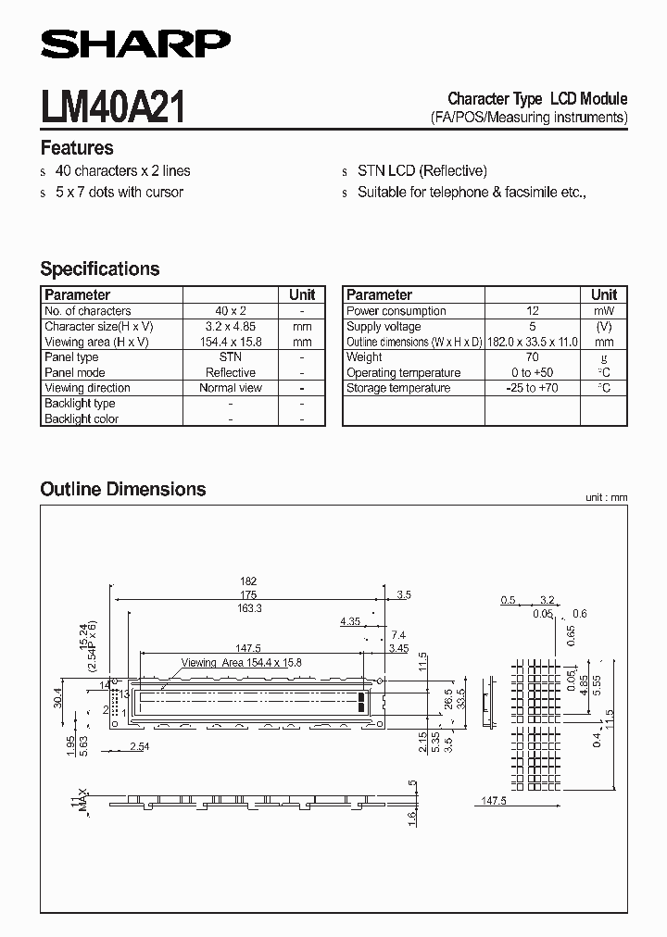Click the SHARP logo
click(135, 44)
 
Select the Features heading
click(77, 148)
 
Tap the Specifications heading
click(100, 269)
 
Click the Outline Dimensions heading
click(123, 489)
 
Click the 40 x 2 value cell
click(231, 311)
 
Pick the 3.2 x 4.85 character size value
click(231, 327)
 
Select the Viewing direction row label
click(87, 388)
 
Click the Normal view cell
click(231, 388)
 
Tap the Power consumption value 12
click(532, 311)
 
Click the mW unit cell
click(604, 311)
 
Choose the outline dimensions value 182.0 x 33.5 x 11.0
click(532, 342)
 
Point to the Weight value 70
click(532, 357)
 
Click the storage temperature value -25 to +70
click(532, 388)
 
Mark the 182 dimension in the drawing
click(247, 581)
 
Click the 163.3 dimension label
click(247, 608)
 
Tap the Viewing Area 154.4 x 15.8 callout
click(242, 663)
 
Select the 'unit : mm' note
click(606, 498)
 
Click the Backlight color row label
click(82, 419)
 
